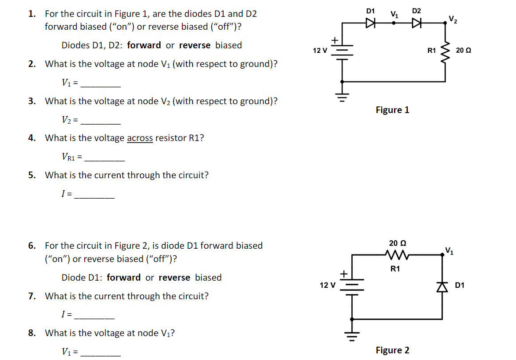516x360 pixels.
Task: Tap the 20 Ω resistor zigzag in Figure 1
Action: tap(446, 50)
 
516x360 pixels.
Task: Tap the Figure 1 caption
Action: tap(392, 110)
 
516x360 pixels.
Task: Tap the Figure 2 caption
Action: tap(392, 350)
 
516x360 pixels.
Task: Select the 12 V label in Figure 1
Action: tap(319, 51)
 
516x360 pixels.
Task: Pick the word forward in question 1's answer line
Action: tap(144, 45)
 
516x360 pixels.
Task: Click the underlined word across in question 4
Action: tap(140, 138)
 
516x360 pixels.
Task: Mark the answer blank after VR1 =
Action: tap(104, 158)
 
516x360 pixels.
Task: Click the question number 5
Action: tap(32, 175)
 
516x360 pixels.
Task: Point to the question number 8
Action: tap(32, 333)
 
